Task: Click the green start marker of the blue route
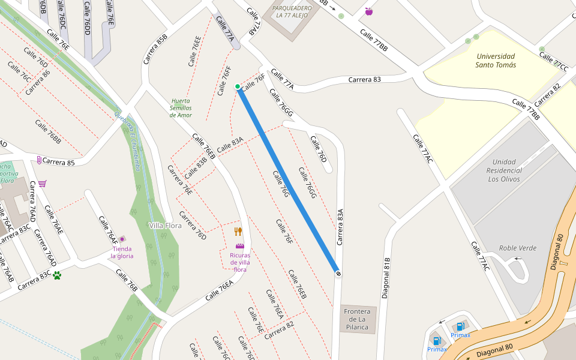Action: coord(238,87)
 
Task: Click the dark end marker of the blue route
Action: coord(338,274)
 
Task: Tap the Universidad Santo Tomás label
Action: coord(496,61)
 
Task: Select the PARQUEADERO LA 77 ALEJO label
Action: coord(292,11)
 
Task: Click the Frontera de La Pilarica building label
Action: coord(358,320)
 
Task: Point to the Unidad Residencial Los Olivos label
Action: coord(504,170)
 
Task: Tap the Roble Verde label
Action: coord(518,248)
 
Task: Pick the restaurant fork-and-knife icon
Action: coord(238,232)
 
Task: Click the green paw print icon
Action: coord(57,275)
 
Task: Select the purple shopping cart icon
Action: coord(42,184)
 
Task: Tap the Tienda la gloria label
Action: coord(122,253)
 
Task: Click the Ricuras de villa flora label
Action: coord(240,262)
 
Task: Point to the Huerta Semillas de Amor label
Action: coord(181,108)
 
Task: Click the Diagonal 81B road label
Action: coord(386,278)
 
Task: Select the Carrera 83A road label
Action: coord(340,227)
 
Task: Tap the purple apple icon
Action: coord(368,11)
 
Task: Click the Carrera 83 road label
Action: coord(364,79)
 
